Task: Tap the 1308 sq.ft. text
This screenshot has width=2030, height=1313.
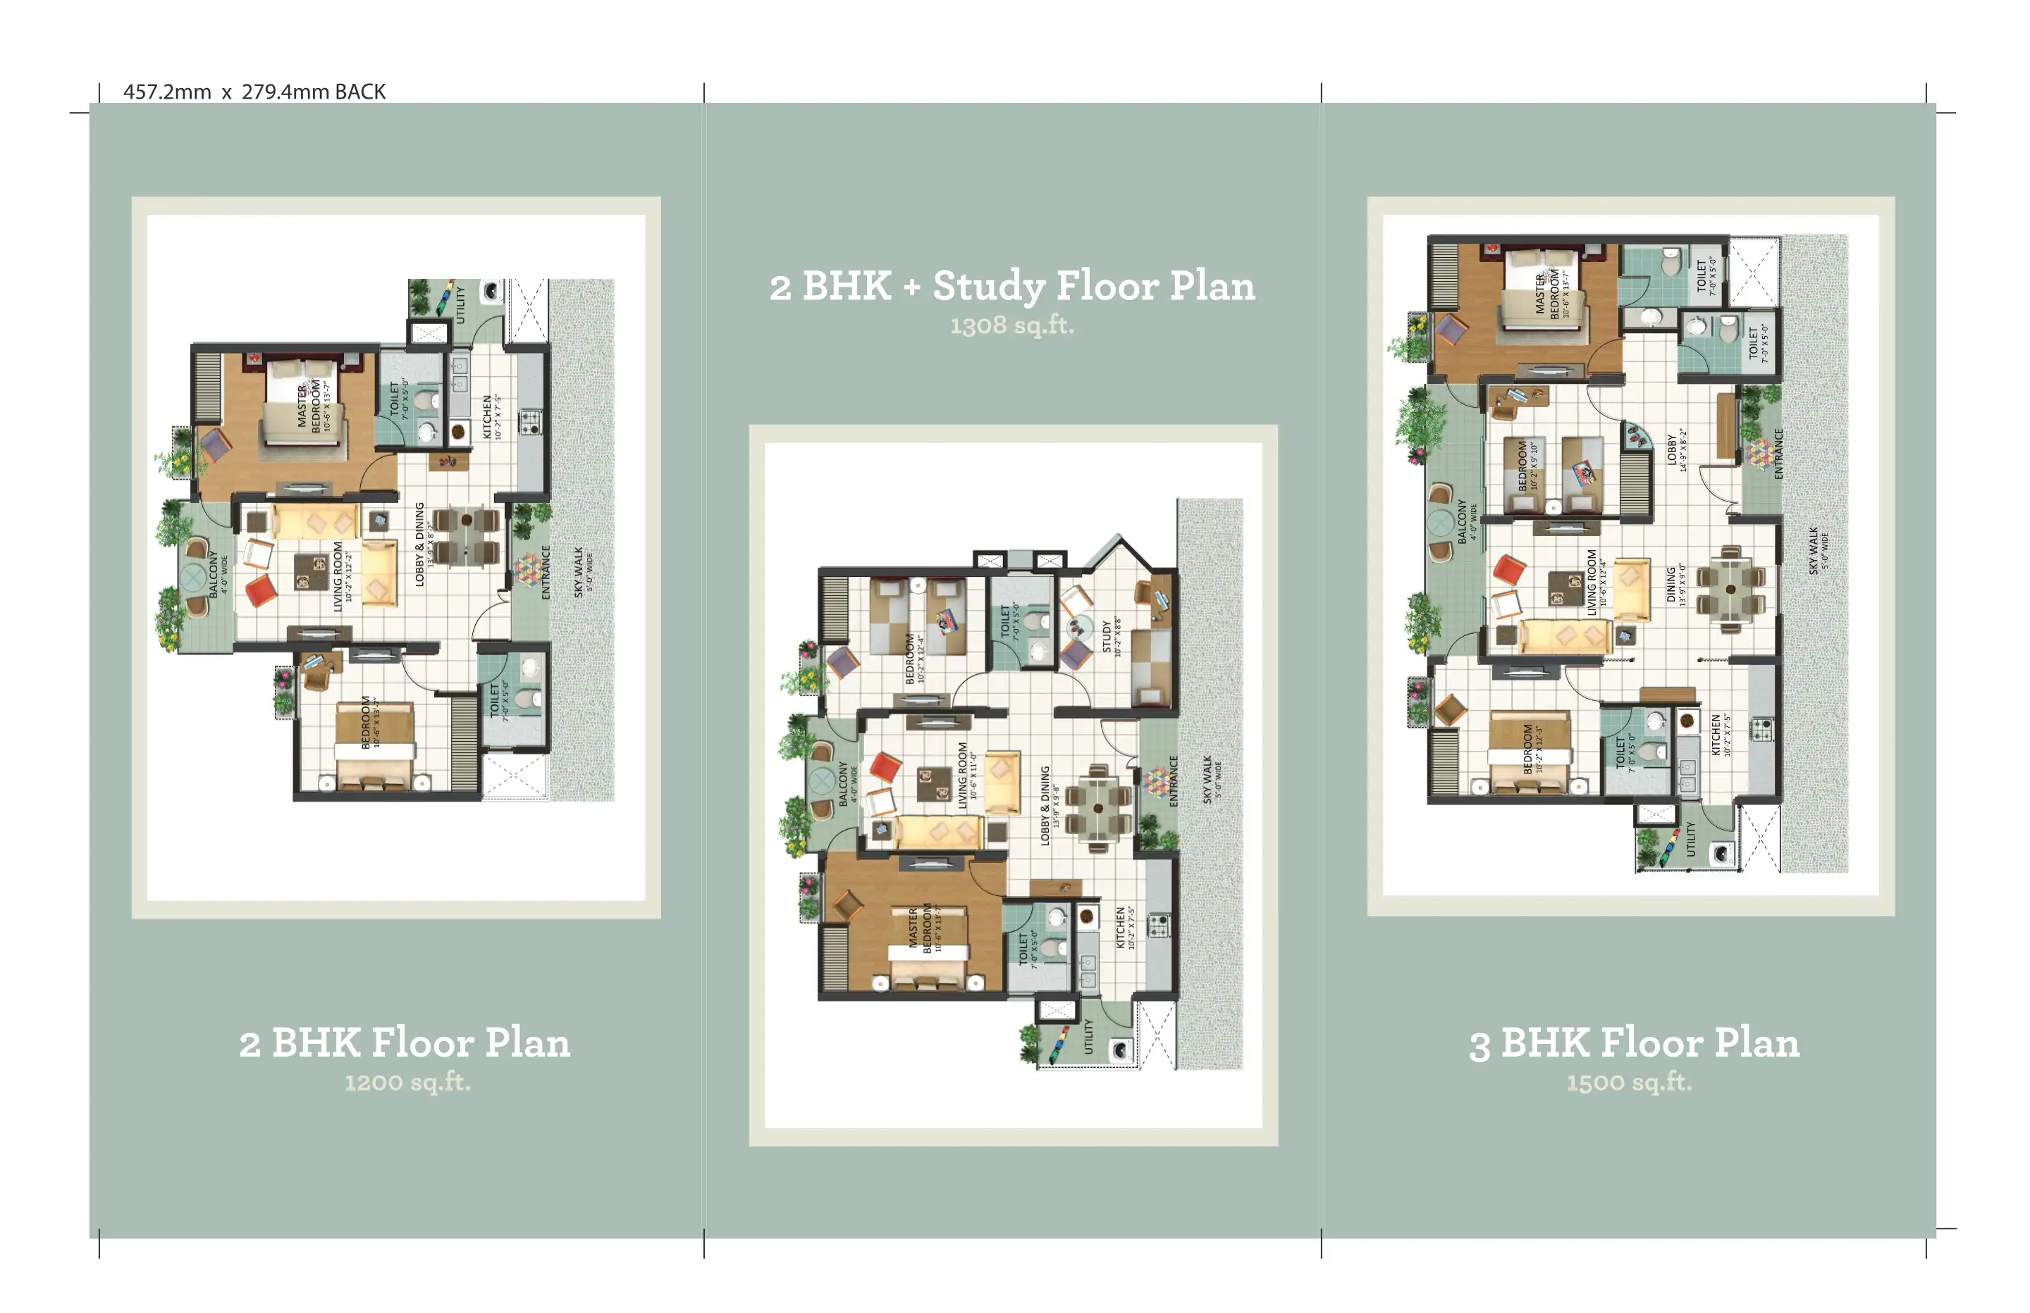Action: [x=1011, y=325]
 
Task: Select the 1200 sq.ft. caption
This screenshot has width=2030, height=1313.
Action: [x=407, y=1082]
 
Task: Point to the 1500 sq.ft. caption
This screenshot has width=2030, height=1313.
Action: [x=1628, y=1082]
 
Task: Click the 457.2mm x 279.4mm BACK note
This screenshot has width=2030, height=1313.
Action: [x=254, y=92]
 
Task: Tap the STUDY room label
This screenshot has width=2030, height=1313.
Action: [x=1108, y=637]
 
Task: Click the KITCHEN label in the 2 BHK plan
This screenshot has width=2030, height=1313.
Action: [x=488, y=417]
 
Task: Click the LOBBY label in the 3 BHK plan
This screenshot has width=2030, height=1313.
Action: [x=1672, y=449]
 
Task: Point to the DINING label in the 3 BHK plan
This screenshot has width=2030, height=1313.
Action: [x=1672, y=585]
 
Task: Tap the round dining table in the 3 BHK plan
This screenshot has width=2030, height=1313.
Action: [x=1730, y=589]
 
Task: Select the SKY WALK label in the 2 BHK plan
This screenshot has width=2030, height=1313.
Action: [x=579, y=572]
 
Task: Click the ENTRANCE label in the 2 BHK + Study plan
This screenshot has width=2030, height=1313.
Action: [x=1174, y=781]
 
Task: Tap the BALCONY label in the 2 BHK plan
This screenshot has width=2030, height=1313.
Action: [x=214, y=574]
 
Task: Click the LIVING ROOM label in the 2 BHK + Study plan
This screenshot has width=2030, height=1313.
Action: [x=963, y=775]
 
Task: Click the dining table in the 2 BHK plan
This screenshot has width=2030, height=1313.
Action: [x=467, y=536]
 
